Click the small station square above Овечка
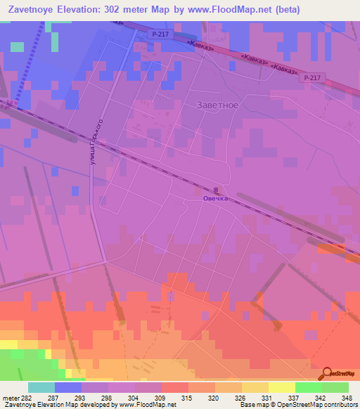216,190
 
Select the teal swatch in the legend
41,387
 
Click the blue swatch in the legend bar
68,387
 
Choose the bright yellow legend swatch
282,387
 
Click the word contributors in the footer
342,405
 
